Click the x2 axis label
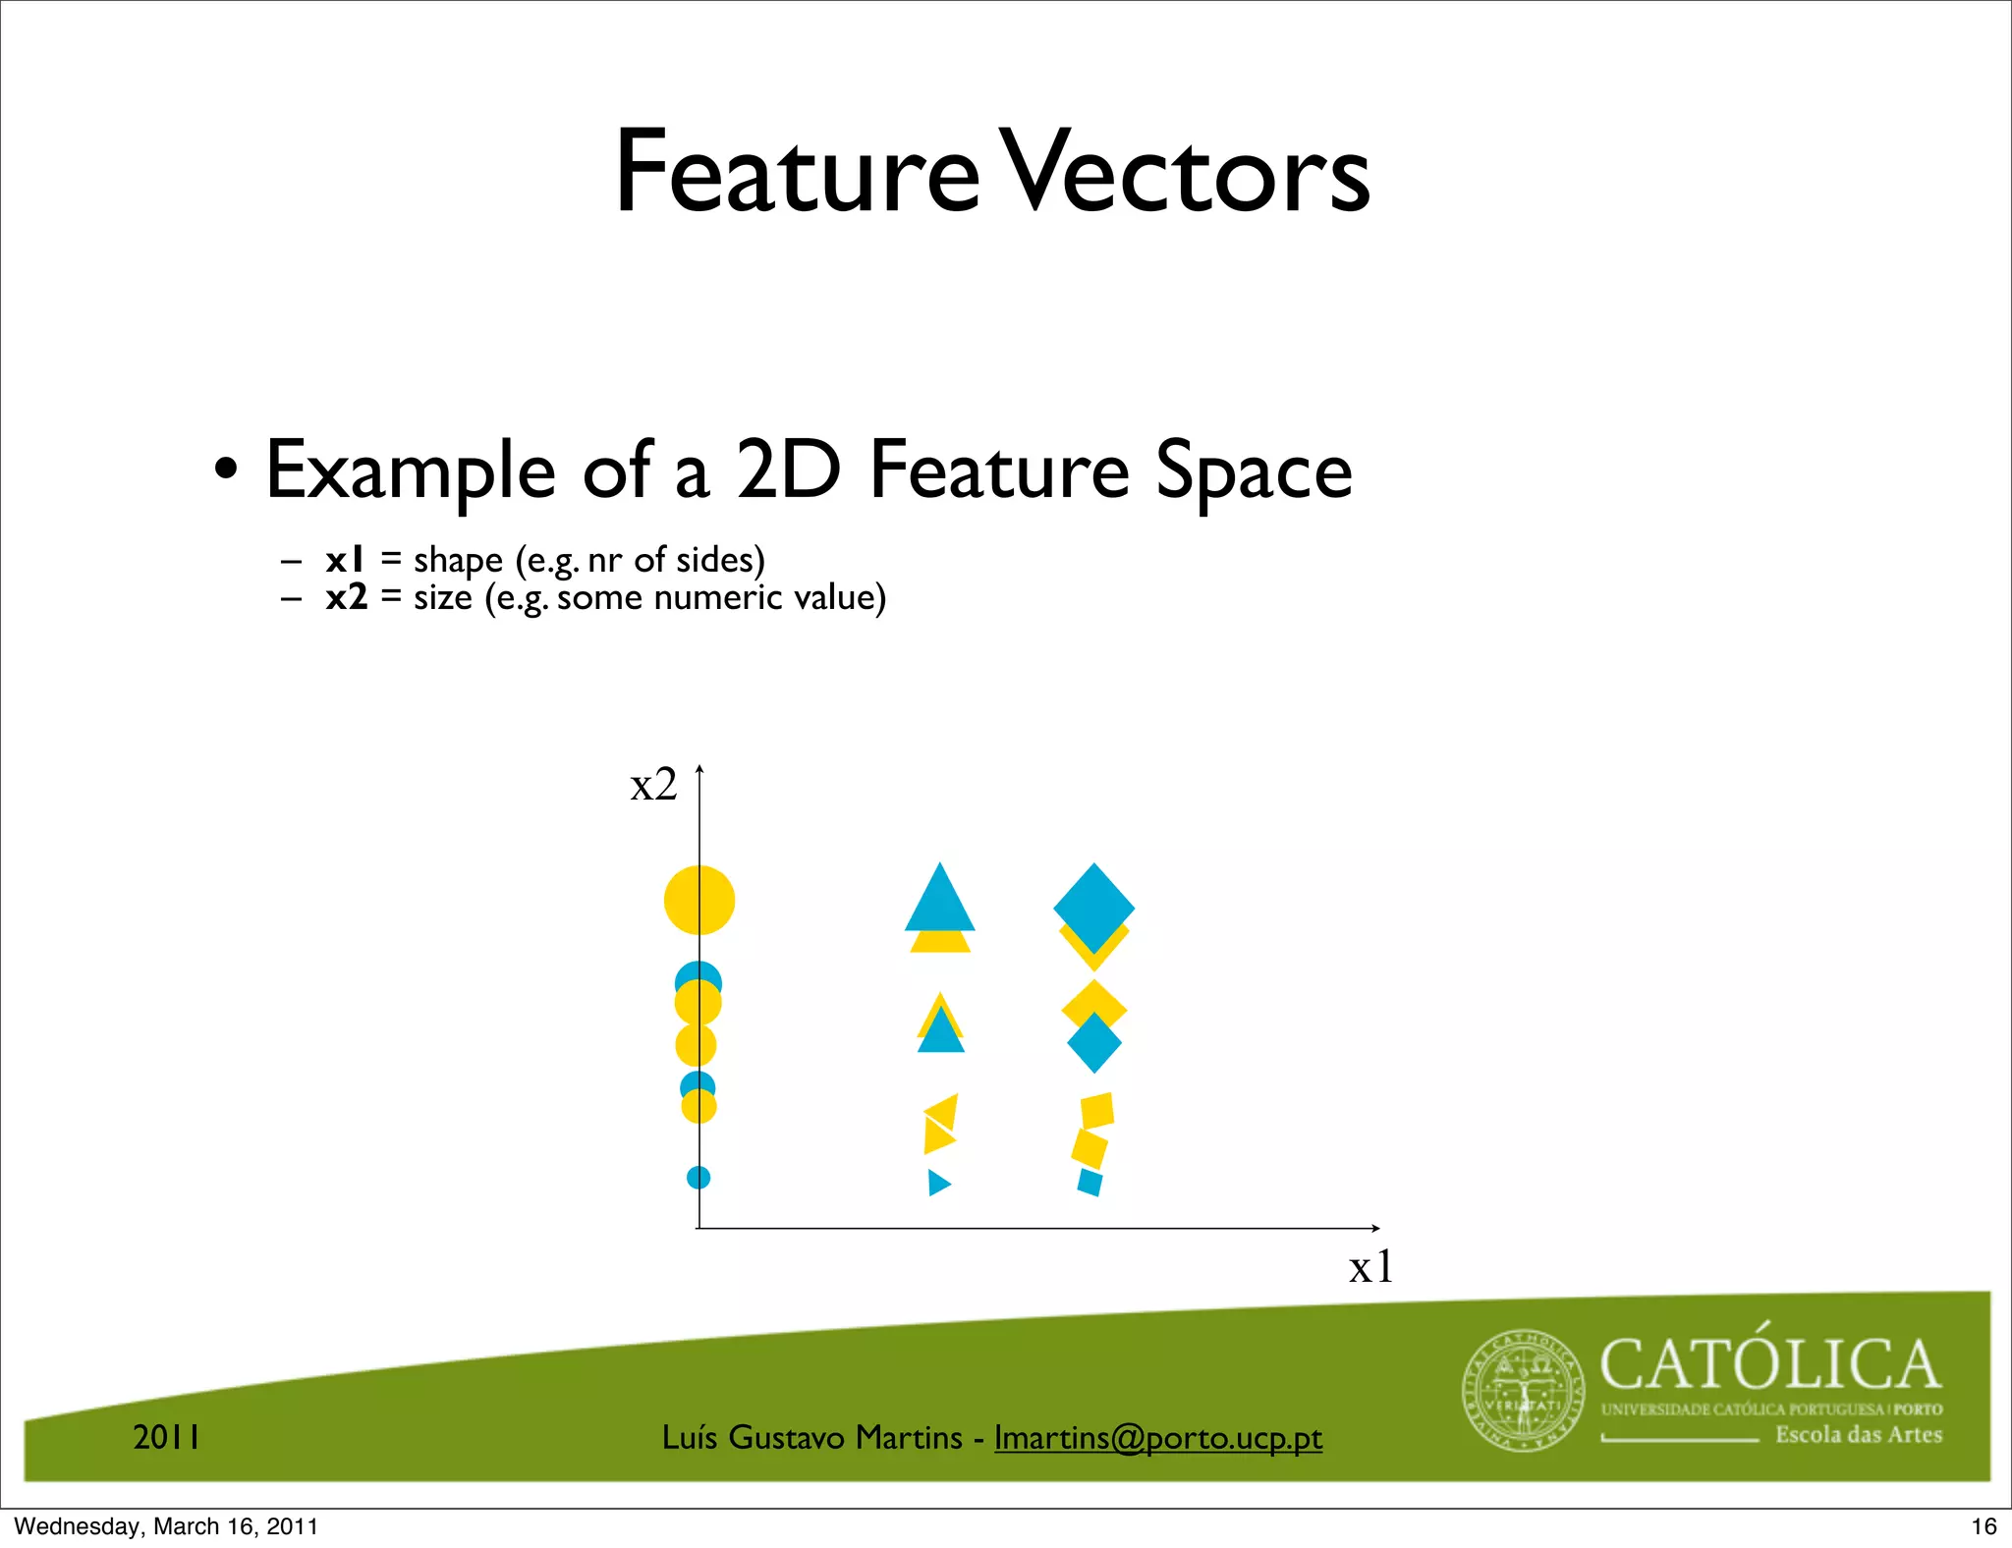tap(653, 786)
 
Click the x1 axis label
tap(1370, 1267)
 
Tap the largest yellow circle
tap(699, 900)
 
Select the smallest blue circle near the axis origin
tap(699, 1177)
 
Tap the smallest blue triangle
tap(938, 1183)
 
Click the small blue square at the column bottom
tap(1090, 1182)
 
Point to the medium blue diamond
tap(1094, 1043)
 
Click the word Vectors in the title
tap(1189, 174)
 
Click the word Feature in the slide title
tap(797, 174)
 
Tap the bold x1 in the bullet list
tap(345, 560)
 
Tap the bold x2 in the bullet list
tap(347, 597)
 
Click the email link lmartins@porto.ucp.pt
tap(1158, 1437)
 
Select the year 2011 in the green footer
tap(167, 1437)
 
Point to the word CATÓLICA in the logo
tap(1770, 1364)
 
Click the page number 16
tap(1984, 1525)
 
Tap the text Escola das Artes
tap(1859, 1434)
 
